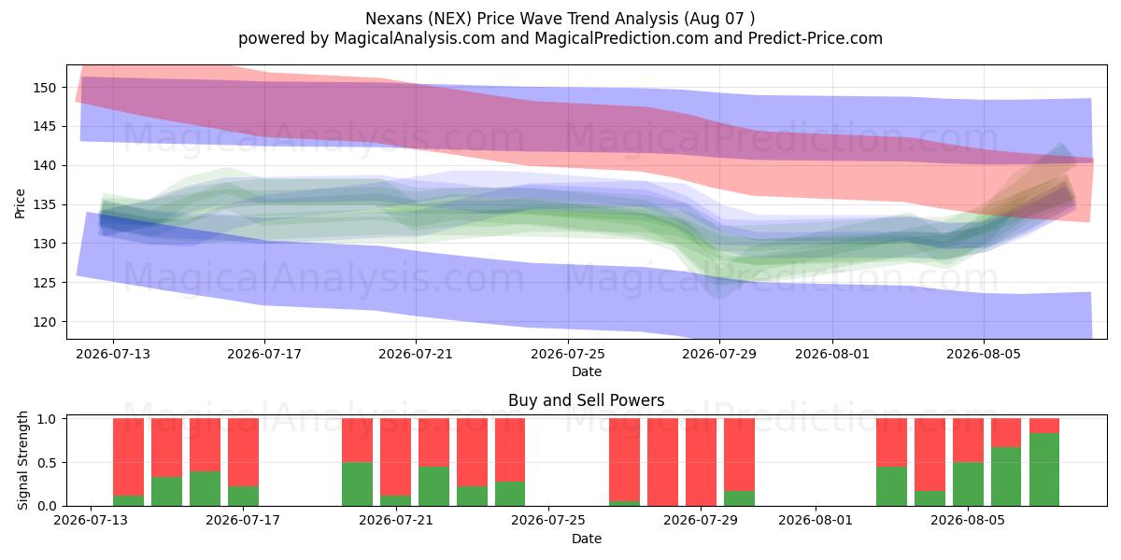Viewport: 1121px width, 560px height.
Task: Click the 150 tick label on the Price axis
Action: pyautogui.click(x=44, y=88)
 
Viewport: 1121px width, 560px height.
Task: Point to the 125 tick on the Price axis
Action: pyautogui.click(x=44, y=283)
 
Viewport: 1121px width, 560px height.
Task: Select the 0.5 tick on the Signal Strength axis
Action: pyautogui.click(x=47, y=463)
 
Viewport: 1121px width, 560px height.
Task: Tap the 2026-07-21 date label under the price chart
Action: pyautogui.click(x=416, y=354)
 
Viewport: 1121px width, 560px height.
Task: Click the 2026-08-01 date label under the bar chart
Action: pyautogui.click(x=816, y=520)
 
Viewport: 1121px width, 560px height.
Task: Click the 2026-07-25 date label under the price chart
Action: pyautogui.click(x=568, y=354)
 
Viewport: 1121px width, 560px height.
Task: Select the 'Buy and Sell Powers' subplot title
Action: pyautogui.click(x=586, y=400)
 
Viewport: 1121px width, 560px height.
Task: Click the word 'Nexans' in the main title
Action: pyautogui.click(x=394, y=19)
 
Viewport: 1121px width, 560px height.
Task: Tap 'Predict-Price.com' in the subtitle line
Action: pyautogui.click(x=816, y=38)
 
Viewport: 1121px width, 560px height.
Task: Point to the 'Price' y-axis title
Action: pyautogui.click(x=20, y=203)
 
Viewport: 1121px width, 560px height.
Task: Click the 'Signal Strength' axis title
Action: pyautogui.click(x=22, y=460)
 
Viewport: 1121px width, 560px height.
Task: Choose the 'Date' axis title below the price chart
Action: pyautogui.click(x=587, y=371)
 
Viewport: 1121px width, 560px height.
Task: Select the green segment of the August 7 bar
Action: pyautogui.click(x=1044, y=469)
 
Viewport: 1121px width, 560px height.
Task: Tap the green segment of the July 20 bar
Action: pyautogui.click(x=357, y=484)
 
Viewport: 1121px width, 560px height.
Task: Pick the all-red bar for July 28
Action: pyautogui.click(x=662, y=462)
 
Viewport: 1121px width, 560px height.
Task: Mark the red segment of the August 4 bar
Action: pyautogui.click(x=929, y=455)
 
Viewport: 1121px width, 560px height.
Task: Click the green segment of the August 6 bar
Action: pyautogui.click(x=1006, y=477)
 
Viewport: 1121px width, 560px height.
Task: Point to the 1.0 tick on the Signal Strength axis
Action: pyautogui.click(x=47, y=418)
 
